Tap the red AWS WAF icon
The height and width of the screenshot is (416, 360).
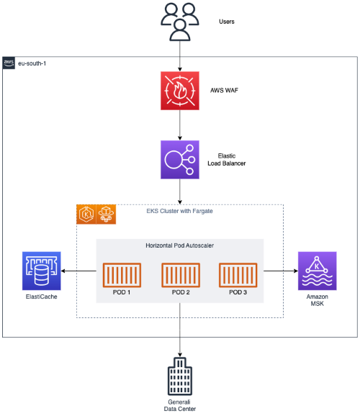click(179, 91)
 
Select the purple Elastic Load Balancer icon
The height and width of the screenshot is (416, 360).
click(179, 159)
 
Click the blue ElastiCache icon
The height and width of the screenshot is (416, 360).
click(42, 271)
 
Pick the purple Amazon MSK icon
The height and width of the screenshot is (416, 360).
click(318, 271)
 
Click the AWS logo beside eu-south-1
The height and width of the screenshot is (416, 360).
click(9, 63)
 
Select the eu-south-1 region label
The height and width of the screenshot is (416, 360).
click(34, 63)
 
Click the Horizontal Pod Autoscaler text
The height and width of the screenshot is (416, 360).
click(179, 245)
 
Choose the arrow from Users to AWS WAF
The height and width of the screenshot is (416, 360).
click(179, 55)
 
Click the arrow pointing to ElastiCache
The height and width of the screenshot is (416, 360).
click(79, 271)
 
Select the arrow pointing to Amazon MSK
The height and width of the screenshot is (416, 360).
click(280, 271)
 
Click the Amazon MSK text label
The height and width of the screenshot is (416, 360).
click(318, 301)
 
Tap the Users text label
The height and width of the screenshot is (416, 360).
click(226, 22)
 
